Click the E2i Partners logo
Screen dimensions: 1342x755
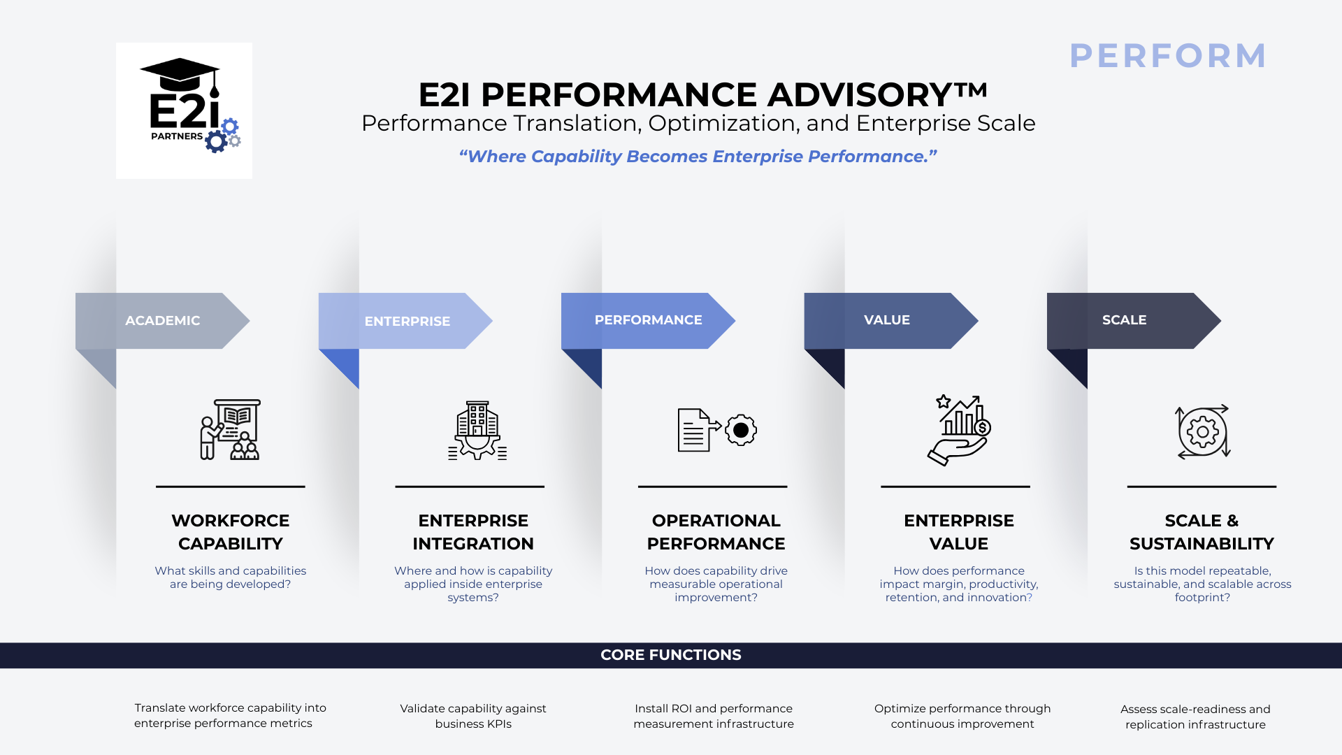click(x=184, y=110)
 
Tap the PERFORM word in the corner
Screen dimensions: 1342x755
click(x=1167, y=56)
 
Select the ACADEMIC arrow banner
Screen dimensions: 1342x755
click(x=162, y=321)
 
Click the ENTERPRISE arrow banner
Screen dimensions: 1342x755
click(x=407, y=322)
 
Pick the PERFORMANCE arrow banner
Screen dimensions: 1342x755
click(x=648, y=320)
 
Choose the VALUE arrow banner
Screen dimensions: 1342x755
click(x=886, y=320)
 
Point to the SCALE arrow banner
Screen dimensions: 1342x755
click(x=1124, y=320)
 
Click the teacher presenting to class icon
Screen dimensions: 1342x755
click(x=230, y=429)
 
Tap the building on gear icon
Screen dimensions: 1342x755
click(x=477, y=430)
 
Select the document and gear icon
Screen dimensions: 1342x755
click(x=716, y=430)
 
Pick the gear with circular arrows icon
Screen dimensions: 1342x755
click(x=1202, y=431)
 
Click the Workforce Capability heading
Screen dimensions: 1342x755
click(x=230, y=532)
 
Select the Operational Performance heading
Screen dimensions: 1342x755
click(x=716, y=532)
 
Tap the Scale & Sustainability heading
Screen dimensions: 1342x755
click(x=1202, y=532)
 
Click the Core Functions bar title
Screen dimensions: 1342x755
click(x=671, y=655)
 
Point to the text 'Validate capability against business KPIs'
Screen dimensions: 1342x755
click(x=473, y=716)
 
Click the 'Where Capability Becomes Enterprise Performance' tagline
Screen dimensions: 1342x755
click(x=698, y=157)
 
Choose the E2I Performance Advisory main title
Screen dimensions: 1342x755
click(x=702, y=94)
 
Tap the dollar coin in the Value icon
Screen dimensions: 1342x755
click(x=982, y=428)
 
